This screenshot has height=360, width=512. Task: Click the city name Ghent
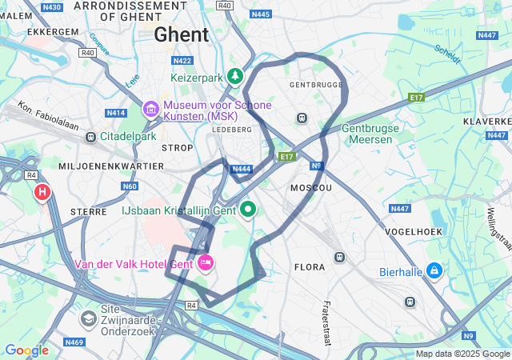pos(182,34)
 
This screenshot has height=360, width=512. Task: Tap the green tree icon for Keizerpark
pos(235,77)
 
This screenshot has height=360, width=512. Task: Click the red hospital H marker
pos(42,193)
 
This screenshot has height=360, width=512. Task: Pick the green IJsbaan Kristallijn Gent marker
pos(248,210)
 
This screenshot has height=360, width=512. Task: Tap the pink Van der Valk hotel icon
pos(206,262)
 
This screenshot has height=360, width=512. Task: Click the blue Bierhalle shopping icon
pos(434,270)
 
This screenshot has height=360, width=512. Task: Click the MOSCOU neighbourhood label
pos(310,188)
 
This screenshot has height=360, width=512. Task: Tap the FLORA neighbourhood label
pos(310,267)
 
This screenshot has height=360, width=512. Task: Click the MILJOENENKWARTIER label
pos(111,166)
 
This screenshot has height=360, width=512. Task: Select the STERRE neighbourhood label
pos(89,212)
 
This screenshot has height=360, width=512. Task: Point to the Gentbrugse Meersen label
pos(367,134)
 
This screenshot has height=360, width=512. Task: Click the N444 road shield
pos(241,169)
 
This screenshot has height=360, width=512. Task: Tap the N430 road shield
pos(52,6)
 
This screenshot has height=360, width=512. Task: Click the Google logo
pos(26,350)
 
